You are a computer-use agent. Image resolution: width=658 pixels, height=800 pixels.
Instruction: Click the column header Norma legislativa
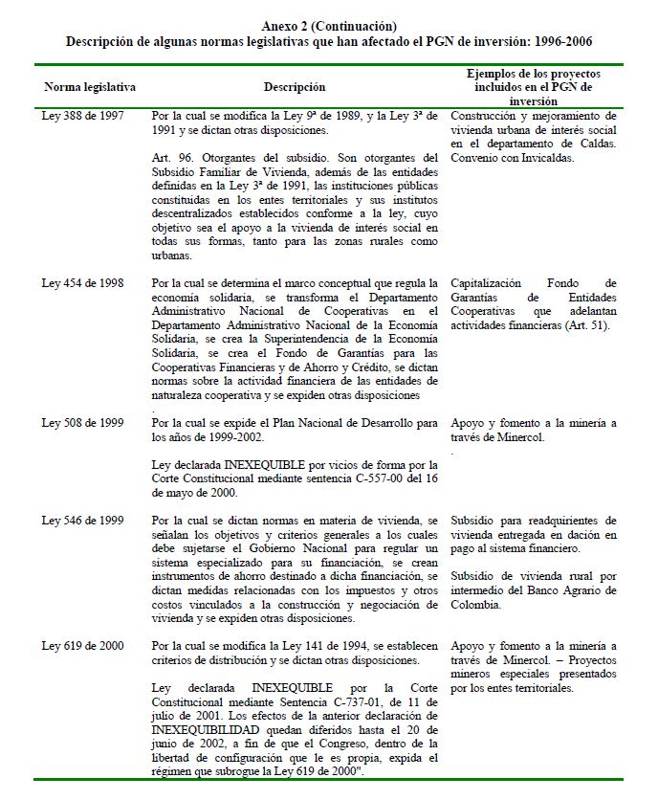pos(90,87)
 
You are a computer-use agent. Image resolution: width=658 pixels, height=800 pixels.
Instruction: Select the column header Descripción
pos(294,87)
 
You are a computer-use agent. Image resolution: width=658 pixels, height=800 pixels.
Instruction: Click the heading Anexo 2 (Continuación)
pos(328,26)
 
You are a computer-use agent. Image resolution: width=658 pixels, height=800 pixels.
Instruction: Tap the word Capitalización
pos(486,283)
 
